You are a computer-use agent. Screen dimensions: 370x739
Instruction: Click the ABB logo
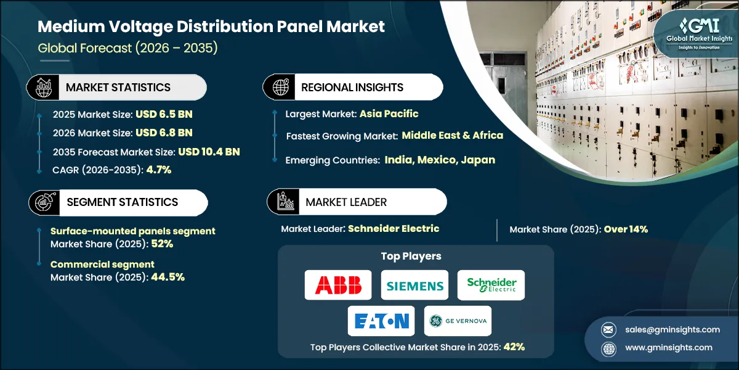[x=338, y=285]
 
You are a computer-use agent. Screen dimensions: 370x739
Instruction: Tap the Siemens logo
[x=414, y=285]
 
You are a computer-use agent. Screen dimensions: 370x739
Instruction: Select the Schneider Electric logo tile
[x=491, y=285]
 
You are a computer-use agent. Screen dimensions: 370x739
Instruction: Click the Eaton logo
[x=381, y=321]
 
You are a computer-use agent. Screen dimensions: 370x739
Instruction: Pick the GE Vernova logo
[x=458, y=321]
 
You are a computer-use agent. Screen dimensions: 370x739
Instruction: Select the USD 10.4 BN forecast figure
[x=209, y=152]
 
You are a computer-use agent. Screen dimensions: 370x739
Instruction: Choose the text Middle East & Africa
[x=453, y=135]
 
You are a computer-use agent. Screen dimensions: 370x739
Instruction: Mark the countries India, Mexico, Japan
[x=440, y=160]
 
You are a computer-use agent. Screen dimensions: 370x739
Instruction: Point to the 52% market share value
[x=162, y=244]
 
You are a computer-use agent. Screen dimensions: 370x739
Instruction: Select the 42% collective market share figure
[x=513, y=347]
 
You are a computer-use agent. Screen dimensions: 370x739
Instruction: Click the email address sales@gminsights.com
[x=672, y=329]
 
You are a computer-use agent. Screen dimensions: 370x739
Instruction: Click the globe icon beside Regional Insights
[x=280, y=88]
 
